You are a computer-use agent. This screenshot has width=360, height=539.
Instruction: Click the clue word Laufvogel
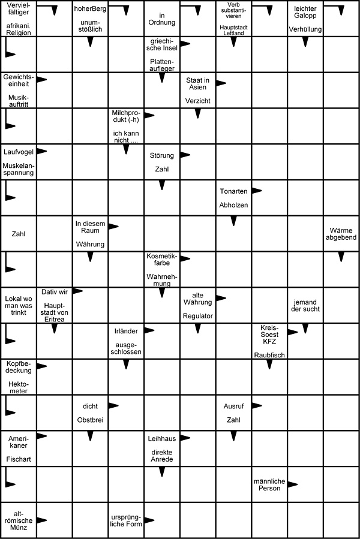click(x=18, y=152)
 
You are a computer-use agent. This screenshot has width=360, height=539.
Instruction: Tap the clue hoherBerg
click(x=89, y=9)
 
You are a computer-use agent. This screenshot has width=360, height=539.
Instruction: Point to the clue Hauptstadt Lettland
click(x=234, y=28)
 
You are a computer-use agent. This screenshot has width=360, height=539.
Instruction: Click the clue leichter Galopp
click(x=305, y=12)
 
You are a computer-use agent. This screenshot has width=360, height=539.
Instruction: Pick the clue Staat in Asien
click(x=197, y=84)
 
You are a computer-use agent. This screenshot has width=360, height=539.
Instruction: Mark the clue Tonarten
click(x=233, y=192)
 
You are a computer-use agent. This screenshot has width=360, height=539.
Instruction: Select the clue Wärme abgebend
click(x=341, y=233)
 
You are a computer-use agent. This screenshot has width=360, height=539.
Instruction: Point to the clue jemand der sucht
click(x=305, y=305)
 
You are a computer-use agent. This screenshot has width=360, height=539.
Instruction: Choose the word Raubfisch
click(x=269, y=355)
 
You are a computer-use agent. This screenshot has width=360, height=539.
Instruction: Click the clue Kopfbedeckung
click(x=18, y=368)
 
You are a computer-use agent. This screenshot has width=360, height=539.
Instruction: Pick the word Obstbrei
click(x=90, y=420)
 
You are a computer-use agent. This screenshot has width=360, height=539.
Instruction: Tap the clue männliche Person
click(x=269, y=484)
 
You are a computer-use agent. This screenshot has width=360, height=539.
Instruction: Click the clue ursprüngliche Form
click(x=125, y=520)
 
